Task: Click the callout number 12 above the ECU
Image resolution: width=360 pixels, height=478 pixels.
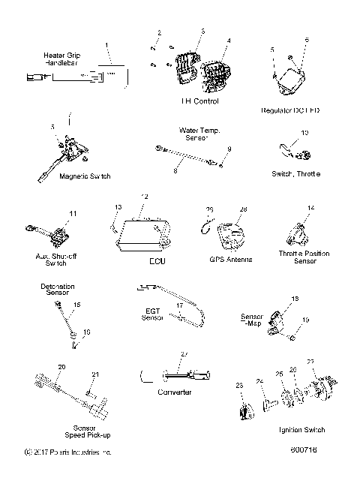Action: (145, 197)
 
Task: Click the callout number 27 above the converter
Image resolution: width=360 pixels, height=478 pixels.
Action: (184, 353)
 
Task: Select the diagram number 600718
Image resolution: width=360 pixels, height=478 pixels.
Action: (305, 453)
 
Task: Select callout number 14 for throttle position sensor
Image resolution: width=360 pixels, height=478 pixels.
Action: (310, 207)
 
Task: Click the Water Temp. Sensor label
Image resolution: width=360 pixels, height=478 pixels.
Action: (199, 134)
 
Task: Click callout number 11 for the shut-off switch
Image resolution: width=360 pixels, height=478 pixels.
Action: (73, 214)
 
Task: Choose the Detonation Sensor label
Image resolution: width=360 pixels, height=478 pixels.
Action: (59, 290)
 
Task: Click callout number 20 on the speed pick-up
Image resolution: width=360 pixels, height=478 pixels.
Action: (62, 365)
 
